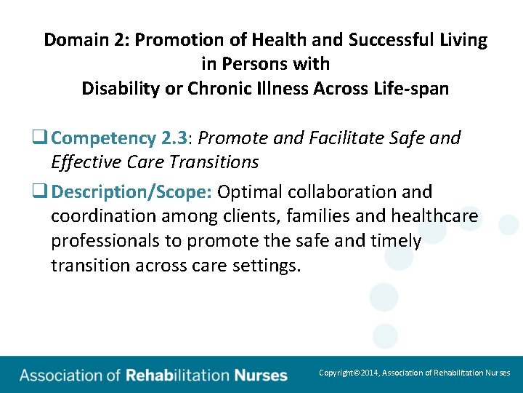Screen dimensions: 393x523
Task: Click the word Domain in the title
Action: pos(76,40)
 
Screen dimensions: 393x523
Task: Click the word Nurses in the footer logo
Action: pos(261,376)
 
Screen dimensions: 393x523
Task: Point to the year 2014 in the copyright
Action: pos(369,373)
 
